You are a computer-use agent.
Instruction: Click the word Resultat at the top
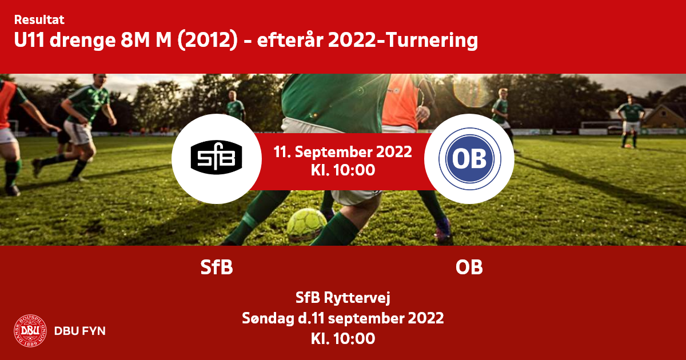[39, 20]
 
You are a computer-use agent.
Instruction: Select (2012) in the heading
[208, 41]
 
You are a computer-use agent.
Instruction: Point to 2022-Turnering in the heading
[402, 41]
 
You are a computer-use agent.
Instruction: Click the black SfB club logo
[216, 157]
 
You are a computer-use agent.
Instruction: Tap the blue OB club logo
[469, 159]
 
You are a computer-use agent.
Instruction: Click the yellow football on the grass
[306, 225]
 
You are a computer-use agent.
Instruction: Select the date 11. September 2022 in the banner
[342, 152]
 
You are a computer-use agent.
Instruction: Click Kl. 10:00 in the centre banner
[343, 170]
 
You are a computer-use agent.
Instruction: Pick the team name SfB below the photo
[217, 267]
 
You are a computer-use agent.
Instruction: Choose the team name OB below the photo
[469, 267]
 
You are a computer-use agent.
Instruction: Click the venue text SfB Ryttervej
[343, 298]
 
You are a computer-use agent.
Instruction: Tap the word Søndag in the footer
[268, 318]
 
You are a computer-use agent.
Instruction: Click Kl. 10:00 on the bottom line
[343, 338]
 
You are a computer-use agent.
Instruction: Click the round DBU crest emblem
[30, 331]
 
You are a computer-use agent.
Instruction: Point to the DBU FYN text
[80, 331]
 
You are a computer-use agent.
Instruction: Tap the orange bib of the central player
[400, 101]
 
